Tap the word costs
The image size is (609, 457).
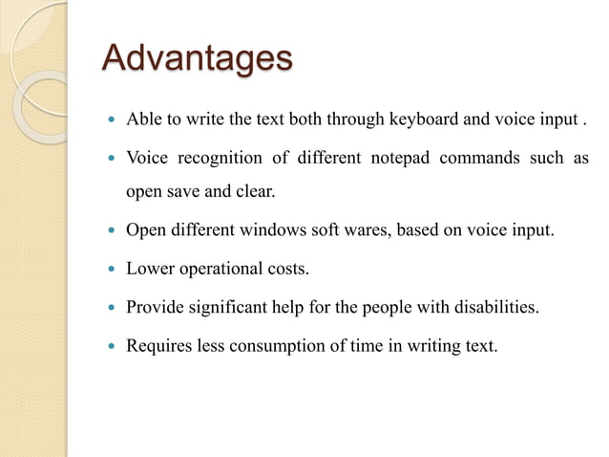pos(288,269)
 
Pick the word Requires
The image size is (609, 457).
pos(157,345)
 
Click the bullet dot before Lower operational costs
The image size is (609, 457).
pos(113,270)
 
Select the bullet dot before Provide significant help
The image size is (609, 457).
pos(113,308)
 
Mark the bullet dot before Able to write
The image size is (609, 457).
pos(113,120)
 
